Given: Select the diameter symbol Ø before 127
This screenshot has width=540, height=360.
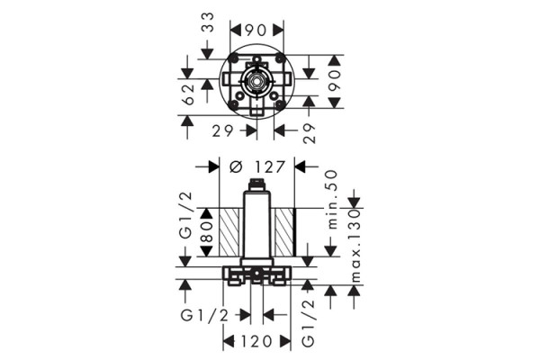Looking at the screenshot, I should (x=236, y=166).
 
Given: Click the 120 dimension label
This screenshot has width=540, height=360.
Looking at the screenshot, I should (x=256, y=342).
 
